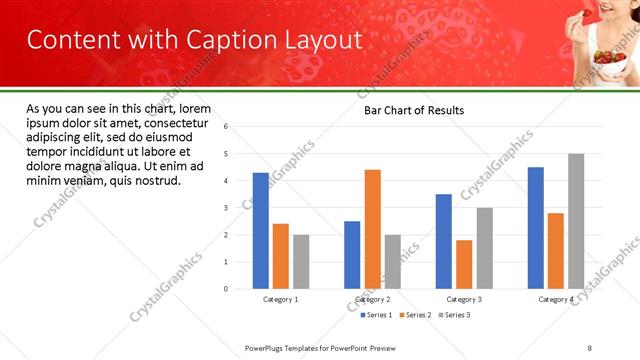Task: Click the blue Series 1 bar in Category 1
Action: click(260, 231)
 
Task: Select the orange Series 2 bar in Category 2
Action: click(372, 229)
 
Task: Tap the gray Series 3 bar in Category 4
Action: click(576, 221)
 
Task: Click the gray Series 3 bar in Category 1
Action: click(301, 262)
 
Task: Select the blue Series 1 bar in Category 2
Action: click(352, 255)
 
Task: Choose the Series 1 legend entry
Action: click(376, 315)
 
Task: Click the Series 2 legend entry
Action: click(417, 315)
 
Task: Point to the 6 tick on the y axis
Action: click(226, 127)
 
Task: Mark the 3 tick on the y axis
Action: click(226, 208)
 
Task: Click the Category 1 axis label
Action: click(280, 299)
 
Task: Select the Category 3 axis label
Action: click(464, 299)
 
